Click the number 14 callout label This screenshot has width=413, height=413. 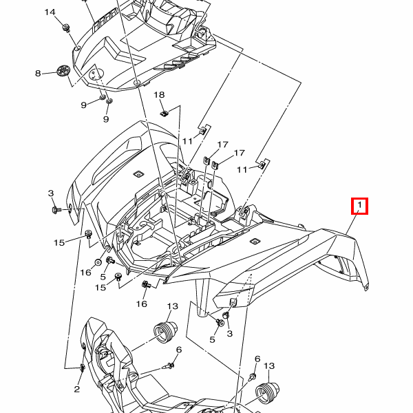pyautogui.click(x=50, y=13)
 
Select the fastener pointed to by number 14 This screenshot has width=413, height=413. pyautogui.click(x=67, y=28)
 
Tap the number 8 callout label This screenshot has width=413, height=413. pyautogui.click(x=39, y=73)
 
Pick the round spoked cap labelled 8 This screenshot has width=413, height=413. pyautogui.click(x=63, y=72)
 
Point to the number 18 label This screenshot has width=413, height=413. pyautogui.click(x=159, y=94)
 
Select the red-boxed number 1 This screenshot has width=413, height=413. pyautogui.click(x=359, y=205)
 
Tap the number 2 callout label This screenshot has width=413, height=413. pyautogui.click(x=77, y=389)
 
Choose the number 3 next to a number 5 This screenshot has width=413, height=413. pyautogui.click(x=230, y=333)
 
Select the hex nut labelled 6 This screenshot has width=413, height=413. pyautogui.click(x=253, y=378)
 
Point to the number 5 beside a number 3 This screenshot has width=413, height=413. pyautogui.click(x=212, y=339)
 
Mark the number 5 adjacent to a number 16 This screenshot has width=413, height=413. pyautogui.click(x=103, y=277)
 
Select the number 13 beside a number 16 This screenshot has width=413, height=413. pyautogui.click(x=172, y=306)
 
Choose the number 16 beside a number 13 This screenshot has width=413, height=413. pyautogui.click(x=142, y=304)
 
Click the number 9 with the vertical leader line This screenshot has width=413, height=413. pyautogui.click(x=106, y=119)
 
